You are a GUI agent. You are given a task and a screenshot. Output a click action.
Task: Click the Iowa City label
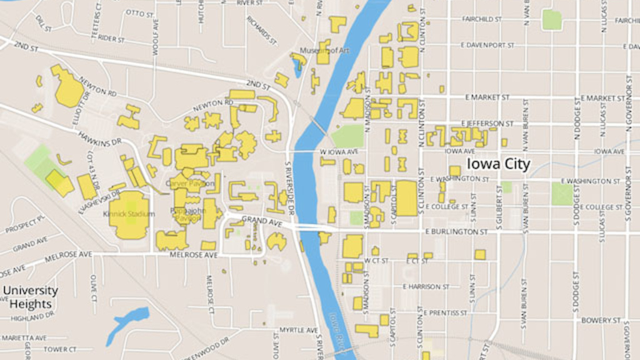498,164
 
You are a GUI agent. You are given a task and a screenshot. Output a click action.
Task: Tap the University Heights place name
30,297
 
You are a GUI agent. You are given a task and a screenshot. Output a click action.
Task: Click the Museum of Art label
324,51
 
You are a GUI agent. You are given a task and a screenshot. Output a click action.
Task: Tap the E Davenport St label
487,45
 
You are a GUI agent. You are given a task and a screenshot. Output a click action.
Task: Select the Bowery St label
600,321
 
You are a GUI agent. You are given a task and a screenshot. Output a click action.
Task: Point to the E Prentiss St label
445,312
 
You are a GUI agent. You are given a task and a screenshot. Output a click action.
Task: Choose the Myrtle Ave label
299,329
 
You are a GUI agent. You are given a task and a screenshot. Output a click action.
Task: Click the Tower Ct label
60,349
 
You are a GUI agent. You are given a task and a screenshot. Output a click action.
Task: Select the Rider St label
111,37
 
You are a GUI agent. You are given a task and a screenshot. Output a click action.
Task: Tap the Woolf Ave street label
156,36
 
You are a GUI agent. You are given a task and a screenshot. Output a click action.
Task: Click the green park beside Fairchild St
551,20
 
